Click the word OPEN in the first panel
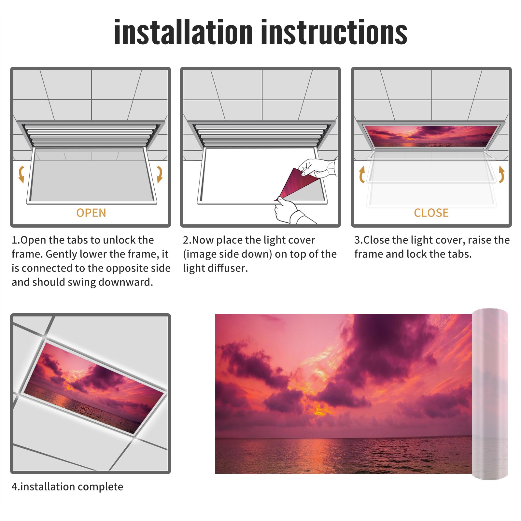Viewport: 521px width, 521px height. pos(91,213)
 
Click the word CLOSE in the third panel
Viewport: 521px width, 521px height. pos(431,213)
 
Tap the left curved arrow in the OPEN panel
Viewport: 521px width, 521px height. pos(21,174)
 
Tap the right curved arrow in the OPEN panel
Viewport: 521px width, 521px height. pos(160,174)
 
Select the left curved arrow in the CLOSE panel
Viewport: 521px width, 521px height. pos(361,174)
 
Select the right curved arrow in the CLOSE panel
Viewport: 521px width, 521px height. pos(501,174)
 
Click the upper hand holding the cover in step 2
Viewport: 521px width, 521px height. pos(317,168)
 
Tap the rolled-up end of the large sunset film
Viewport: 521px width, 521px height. pos(490,394)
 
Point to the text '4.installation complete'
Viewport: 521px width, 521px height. pos(67,487)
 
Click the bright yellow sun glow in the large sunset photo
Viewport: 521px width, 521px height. pos(321,411)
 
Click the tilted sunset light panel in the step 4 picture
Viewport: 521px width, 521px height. pos(94,387)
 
